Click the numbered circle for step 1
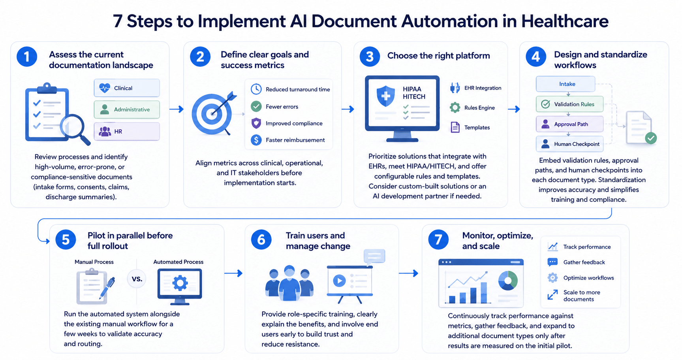pyautogui.click(x=27, y=57)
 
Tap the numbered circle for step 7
pyautogui.click(x=438, y=239)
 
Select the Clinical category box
pyautogui.click(x=127, y=88)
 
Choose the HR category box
pyautogui.click(x=127, y=131)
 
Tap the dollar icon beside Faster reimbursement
pyautogui.click(x=256, y=140)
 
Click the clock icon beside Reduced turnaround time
pyautogui.click(x=256, y=89)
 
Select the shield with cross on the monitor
pyautogui.click(x=386, y=96)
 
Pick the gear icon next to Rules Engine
pyautogui.click(x=455, y=107)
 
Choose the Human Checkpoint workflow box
pyautogui.click(x=569, y=144)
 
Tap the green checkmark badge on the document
pyautogui.click(x=651, y=138)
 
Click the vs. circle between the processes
pyautogui.click(x=137, y=279)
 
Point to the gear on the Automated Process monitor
pyautogui.click(x=180, y=283)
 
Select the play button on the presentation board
pyautogui.click(x=339, y=281)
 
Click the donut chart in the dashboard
pyautogui.click(x=508, y=280)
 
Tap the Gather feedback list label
pyautogui.click(x=584, y=262)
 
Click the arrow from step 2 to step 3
pyautogui.click(x=348, y=109)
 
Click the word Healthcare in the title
pyautogui.click(x=565, y=21)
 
